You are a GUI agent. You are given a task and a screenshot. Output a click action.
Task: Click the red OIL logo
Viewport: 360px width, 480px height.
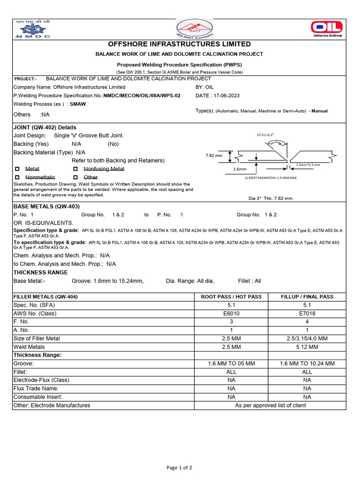tap(327, 28)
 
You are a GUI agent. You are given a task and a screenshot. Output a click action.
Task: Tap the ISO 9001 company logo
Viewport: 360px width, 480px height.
tap(194, 29)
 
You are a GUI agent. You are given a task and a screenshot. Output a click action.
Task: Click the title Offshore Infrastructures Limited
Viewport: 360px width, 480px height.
tap(180, 44)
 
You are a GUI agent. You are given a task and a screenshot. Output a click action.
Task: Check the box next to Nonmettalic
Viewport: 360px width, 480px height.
tap(17, 178)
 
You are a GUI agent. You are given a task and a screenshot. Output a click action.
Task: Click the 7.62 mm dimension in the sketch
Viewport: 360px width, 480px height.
tap(213, 155)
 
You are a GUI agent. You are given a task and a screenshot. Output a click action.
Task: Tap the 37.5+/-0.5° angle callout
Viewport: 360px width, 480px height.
tap(265, 135)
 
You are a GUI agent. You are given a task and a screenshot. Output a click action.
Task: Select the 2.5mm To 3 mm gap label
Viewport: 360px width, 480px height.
tap(308, 165)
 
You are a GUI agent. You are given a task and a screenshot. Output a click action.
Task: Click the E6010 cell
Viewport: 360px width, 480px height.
tap(231, 313)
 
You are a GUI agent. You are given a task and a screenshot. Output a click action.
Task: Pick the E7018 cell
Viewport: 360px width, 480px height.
tap(307, 313)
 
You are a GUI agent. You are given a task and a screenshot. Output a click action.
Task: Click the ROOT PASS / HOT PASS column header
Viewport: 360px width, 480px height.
tap(231, 297)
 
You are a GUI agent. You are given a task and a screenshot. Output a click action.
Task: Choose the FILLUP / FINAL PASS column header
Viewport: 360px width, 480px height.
tap(307, 297)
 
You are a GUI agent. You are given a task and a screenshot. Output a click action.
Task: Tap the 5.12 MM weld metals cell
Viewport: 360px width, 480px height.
tap(307, 347)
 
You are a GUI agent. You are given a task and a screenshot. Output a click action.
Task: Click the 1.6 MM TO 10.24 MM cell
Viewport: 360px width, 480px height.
tap(307, 363)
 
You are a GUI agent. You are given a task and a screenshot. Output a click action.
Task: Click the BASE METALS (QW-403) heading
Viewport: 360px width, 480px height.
tap(46, 206)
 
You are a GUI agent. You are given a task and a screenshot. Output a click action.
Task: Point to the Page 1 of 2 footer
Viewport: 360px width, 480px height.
tap(179, 467)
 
